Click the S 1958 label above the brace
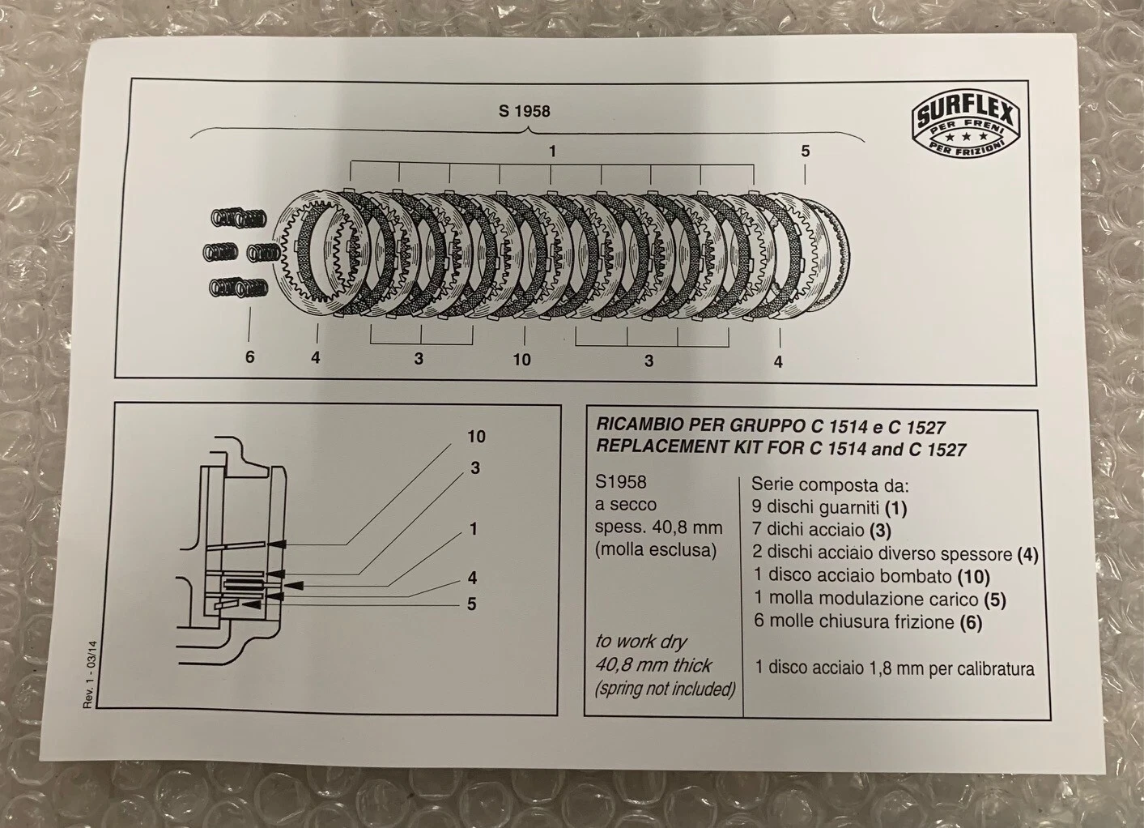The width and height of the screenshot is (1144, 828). pos(524,111)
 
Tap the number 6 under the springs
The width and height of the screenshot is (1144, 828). pos(249,356)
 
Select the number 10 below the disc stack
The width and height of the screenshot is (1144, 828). pos(521,359)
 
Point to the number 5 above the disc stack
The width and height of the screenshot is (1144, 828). pos(805,151)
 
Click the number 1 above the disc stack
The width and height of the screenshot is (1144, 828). pos(552,151)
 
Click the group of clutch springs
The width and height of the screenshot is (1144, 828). pos(240,252)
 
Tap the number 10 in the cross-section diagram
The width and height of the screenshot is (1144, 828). pos(476,437)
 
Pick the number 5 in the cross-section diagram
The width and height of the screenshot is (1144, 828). pos(472,604)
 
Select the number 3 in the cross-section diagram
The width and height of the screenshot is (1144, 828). pos(475,468)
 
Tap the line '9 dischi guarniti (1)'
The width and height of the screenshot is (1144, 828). pos(829,508)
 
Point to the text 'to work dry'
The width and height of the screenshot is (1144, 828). pos(641,642)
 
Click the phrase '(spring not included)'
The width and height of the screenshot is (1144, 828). pos(666,689)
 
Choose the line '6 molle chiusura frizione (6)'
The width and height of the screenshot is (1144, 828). pos(867,622)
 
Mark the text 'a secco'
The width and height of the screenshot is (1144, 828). pos(626,504)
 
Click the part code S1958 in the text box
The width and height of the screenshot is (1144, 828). pos(621,482)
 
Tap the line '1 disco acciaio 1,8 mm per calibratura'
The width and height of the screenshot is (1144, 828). pos(895,669)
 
